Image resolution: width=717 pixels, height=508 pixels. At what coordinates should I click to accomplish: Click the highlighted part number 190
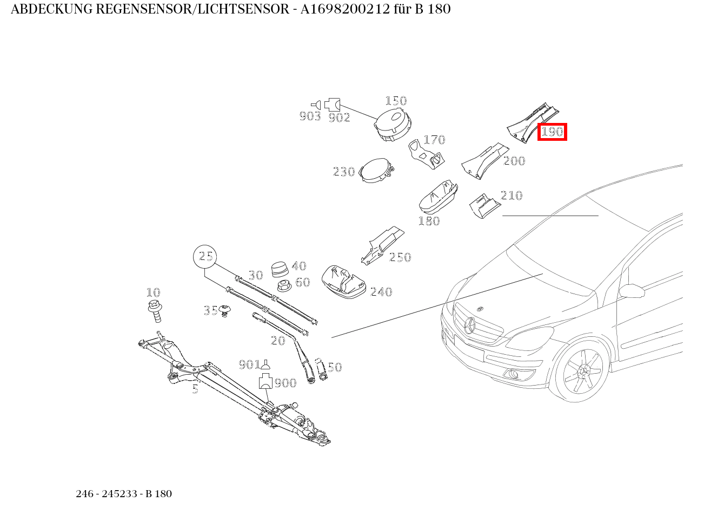coord(552,132)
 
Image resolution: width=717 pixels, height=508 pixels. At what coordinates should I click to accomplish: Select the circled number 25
coord(205,257)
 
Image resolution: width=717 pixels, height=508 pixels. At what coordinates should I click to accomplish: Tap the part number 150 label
coord(396,101)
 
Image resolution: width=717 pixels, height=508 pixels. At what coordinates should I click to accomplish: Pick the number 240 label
coord(381,292)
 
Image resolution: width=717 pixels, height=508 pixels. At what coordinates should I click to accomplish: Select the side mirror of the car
coord(632,291)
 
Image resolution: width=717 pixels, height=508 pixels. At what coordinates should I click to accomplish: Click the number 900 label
coord(285,383)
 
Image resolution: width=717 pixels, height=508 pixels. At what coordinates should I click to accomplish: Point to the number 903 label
coord(310,116)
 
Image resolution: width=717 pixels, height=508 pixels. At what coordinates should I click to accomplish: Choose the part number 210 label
coord(511,196)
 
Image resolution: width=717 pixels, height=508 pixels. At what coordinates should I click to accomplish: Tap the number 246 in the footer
coord(84,494)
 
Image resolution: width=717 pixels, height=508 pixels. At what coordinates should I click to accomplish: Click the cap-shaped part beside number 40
coord(280,269)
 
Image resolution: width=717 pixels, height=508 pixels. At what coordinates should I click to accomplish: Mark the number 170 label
coord(434,140)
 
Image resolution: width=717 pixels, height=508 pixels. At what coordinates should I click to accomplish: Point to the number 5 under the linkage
coord(195,389)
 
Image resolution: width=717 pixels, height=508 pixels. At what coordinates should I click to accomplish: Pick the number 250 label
coord(400,257)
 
